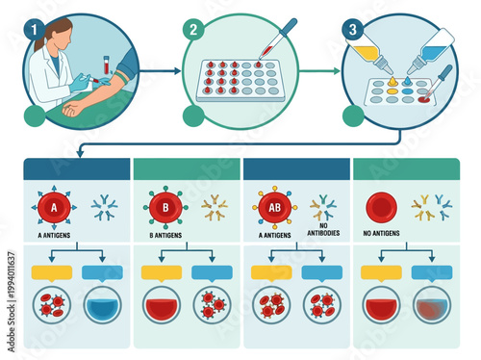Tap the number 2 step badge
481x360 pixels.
[195, 26]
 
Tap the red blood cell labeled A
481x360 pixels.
[54, 207]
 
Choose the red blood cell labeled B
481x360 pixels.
[165, 207]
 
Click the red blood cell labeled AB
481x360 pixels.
[274, 207]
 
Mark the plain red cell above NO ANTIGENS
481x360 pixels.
[382, 206]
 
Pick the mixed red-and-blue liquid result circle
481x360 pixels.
[430, 306]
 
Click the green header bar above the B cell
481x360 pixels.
[186, 168]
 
